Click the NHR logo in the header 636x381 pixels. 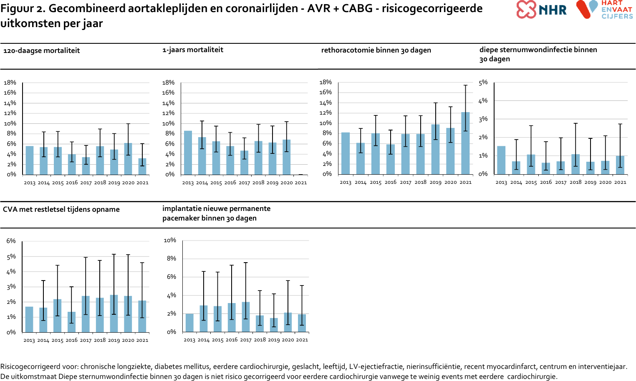click(x=541, y=10)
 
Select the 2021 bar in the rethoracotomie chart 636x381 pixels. click(x=465, y=143)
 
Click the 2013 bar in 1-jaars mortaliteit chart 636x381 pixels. click(x=188, y=153)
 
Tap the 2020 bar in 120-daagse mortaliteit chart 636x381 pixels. click(x=128, y=159)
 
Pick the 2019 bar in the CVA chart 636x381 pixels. click(x=114, y=313)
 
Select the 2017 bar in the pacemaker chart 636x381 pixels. click(x=246, y=317)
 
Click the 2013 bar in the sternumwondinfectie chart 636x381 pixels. click(x=501, y=160)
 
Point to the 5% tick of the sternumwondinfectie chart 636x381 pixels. click(x=483, y=83)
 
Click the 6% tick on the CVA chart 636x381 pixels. click(x=11, y=241)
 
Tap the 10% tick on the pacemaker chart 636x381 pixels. click(x=170, y=240)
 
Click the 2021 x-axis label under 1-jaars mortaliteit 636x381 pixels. click(x=300, y=183)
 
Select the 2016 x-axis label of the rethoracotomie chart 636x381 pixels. click(x=390, y=182)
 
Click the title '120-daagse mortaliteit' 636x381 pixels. click(x=41, y=51)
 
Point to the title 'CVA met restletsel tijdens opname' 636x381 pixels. click(x=61, y=209)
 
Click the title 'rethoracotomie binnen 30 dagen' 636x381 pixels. click(x=376, y=50)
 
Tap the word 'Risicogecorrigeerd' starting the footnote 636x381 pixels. click(x=39, y=366)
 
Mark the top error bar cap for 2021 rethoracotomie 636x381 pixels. click(x=465, y=85)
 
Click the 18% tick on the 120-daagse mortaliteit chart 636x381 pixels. click(x=10, y=83)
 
